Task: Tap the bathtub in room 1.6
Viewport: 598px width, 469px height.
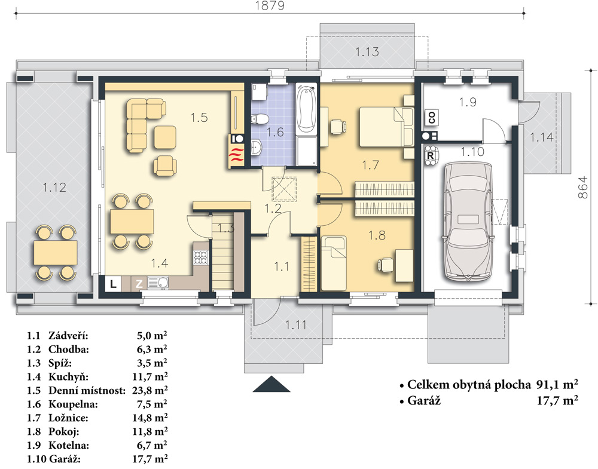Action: tap(307, 109)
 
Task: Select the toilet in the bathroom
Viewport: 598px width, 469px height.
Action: tap(259, 119)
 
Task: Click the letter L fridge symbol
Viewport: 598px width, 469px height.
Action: tap(113, 284)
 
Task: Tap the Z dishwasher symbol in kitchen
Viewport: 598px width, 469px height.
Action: tap(139, 284)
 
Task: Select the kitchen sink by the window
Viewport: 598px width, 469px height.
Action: tap(158, 283)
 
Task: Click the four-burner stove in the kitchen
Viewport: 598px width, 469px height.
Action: tap(200, 258)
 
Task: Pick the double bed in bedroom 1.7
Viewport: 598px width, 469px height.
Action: tap(386, 127)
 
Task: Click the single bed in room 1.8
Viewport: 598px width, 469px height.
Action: tap(334, 263)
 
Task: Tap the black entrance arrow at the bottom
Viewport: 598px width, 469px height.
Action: tap(271, 384)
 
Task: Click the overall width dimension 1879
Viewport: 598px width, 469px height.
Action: tap(270, 6)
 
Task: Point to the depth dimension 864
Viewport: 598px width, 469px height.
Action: tap(582, 187)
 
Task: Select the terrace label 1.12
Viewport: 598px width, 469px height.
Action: tap(54, 188)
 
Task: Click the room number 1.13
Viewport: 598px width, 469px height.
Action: tap(367, 52)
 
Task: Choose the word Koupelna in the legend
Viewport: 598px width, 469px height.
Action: tap(73, 404)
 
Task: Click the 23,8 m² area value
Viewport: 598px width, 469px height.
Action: tap(150, 390)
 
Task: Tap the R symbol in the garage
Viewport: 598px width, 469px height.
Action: tap(431, 155)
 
